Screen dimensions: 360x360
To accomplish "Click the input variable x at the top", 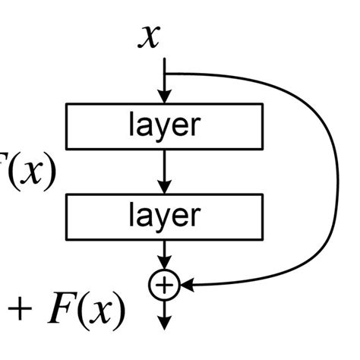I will (x=150, y=36).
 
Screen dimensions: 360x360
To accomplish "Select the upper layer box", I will (x=164, y=125).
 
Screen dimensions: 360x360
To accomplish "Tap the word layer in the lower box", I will (x=164, y=215).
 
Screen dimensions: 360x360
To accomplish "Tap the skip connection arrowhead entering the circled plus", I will (x=184, y=285).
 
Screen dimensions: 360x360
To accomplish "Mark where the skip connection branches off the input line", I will (x=164, y=73).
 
